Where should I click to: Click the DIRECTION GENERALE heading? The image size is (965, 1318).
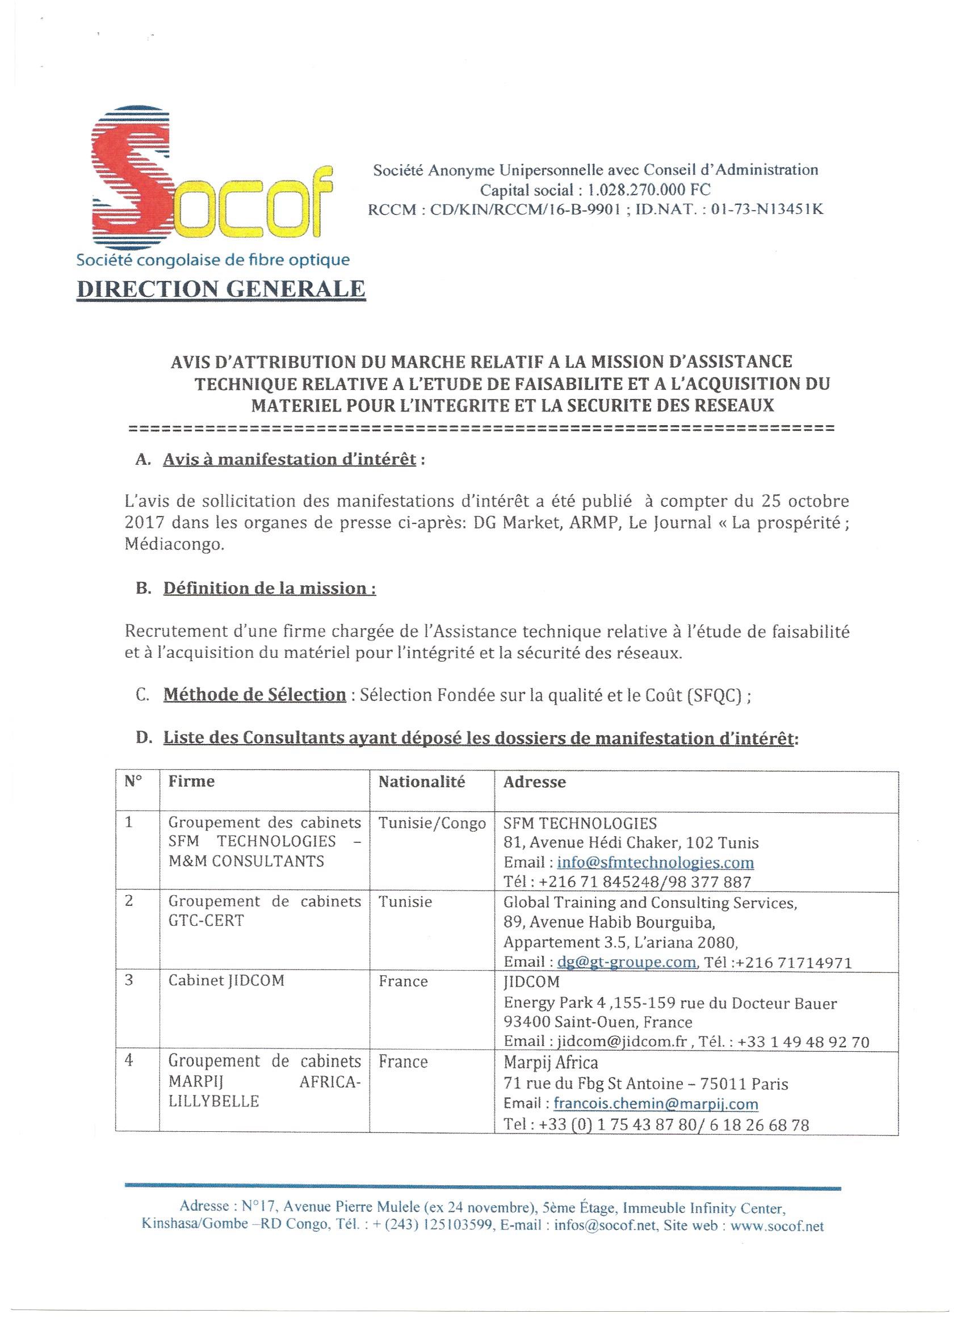pyautogui.click(x=221, y=289)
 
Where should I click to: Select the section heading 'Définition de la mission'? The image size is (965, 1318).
pyautogui.click(x=268, y=588)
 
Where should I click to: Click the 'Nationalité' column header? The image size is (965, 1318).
pyautogui.click(x=422, y=782)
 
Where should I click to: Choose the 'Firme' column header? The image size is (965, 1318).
pyautogui.click(x=192, y=782)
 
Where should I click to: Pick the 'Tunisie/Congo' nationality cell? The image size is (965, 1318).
pyautogui.click(x=433, y=824)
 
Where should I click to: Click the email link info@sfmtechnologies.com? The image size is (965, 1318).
pyautogui.click(x=656, y=863)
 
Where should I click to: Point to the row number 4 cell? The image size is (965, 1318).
pyautogui.click(x=129, y=1060)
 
